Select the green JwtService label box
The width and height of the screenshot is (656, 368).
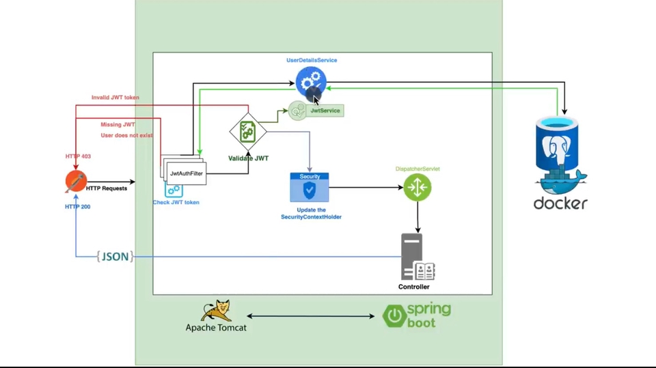coord(325,110)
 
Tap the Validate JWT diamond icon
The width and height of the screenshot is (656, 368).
coord(247,132)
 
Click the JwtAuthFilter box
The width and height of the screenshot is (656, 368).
coord(186,173)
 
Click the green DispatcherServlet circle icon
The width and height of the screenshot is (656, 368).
coord(417,188)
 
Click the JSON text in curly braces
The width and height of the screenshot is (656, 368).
coord(115,257)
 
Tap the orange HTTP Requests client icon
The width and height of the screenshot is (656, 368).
coord(76,182)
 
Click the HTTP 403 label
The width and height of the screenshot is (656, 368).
coord(78,156)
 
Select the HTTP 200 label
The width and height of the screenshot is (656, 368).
coord(77,206)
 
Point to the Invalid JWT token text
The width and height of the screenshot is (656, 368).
coord(115,98)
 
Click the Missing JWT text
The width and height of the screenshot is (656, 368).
coord(118,125)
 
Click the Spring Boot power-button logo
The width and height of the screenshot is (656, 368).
coord(395,316)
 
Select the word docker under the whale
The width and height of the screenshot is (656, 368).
coord(560,203)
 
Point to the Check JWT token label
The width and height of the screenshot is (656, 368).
coord(176,202)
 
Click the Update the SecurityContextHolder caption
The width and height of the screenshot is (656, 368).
coord(311,213)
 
